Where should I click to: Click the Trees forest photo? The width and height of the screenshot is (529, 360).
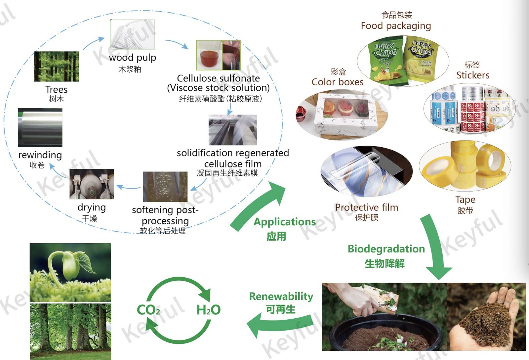click(57, 66)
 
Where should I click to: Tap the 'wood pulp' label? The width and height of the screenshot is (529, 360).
click(132, 58)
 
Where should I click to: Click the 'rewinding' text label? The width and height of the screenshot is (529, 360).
click(40, 155)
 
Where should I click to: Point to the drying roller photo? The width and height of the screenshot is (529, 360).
click(92, 184)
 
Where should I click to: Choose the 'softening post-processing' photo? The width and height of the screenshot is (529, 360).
click(165, 187)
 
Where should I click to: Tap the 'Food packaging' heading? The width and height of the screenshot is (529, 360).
click(396, 26)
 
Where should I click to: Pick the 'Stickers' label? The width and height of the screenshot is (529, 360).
click(473, 75)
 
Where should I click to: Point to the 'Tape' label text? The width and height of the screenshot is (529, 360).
click(465, 200)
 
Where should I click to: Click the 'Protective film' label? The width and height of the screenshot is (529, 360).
click(366, 207)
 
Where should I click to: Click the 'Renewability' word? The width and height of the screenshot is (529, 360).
click(281, 296)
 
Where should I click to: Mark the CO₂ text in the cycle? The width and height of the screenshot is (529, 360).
click(148, 310)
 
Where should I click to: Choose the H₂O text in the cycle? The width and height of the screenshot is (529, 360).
click(208, 310)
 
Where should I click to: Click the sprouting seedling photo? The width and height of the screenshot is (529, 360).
click(70, 272)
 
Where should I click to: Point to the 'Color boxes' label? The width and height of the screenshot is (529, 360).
click(337, 82)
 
